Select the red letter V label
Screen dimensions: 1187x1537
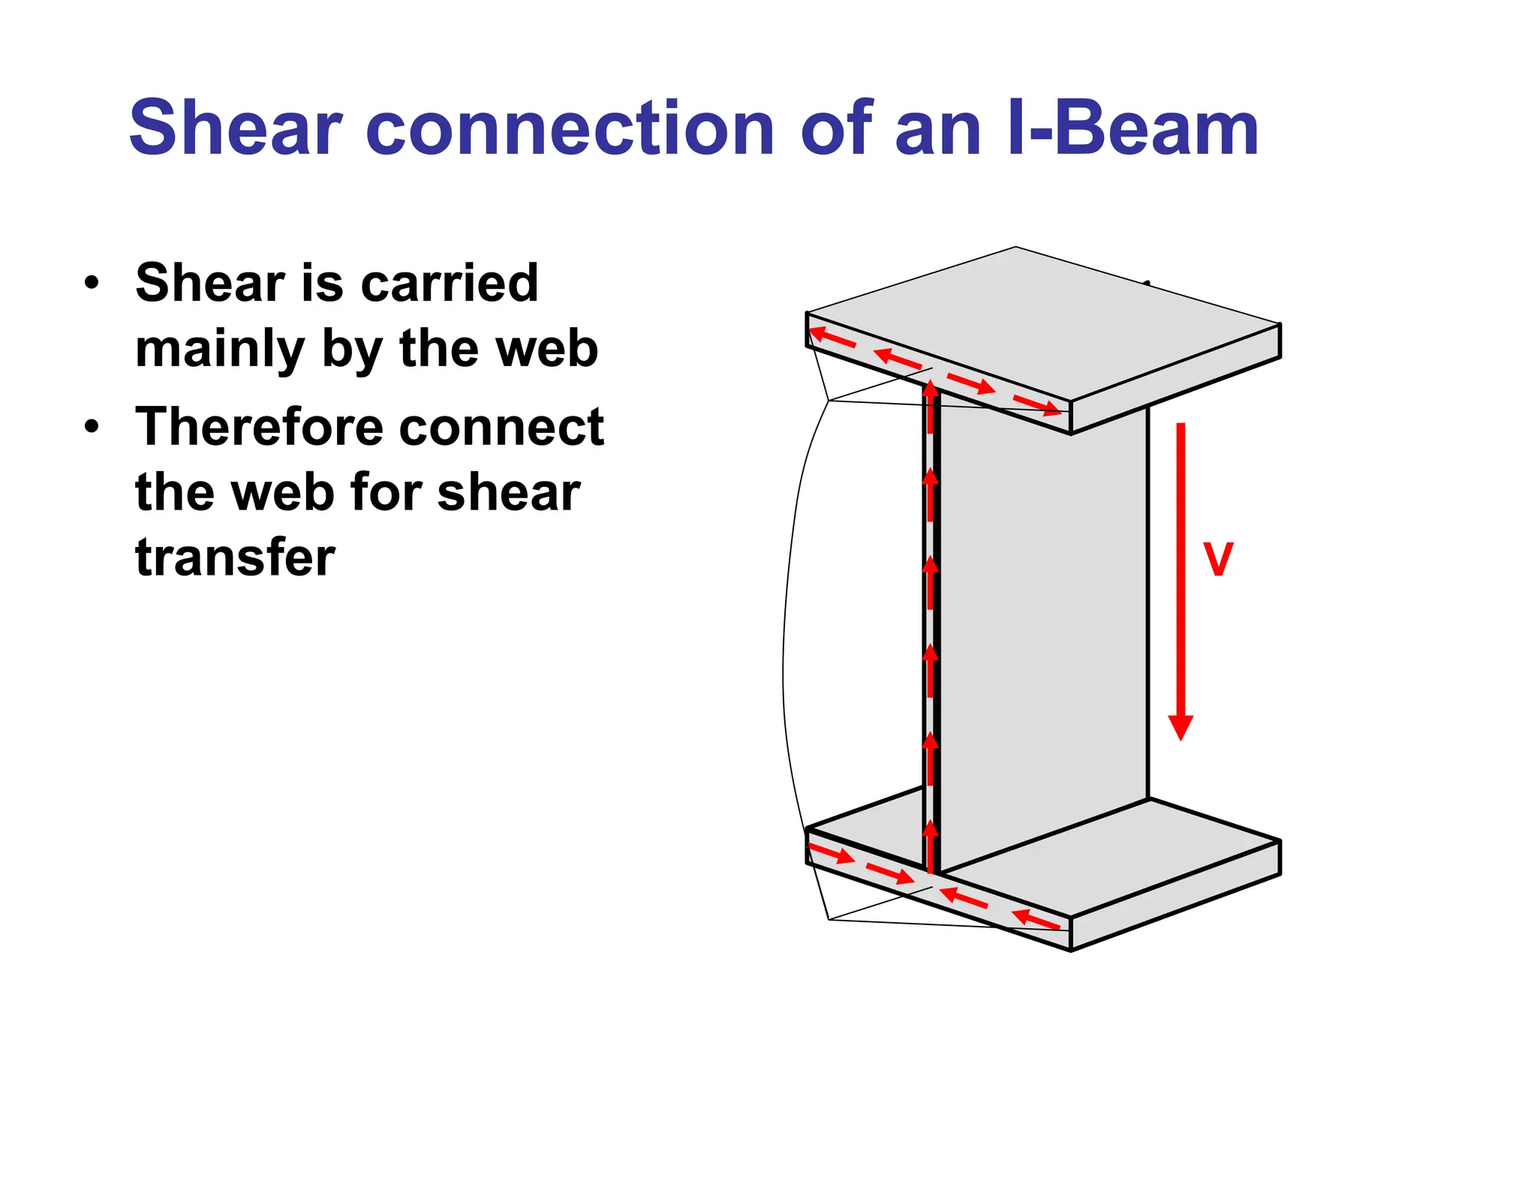coord(1218,560)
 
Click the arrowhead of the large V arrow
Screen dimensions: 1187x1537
coord(1181,727)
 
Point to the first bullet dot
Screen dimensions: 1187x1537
coord(92,284)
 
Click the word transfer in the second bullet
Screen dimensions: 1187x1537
coord(235,557)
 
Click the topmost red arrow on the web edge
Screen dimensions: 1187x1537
coord(931,405)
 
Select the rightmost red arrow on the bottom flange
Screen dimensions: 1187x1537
coord(1036,919)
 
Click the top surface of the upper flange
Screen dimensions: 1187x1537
coord(1043,323)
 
